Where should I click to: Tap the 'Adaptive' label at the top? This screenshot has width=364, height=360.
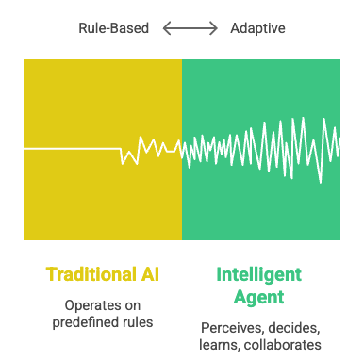(257, 28)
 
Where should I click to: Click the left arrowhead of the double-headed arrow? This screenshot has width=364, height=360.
(166, 29)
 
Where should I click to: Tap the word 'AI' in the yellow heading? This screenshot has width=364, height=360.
(151, 275)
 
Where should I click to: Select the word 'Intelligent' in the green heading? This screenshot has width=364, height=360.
(259, 275)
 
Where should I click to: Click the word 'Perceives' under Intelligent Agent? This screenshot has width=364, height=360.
(232, 327)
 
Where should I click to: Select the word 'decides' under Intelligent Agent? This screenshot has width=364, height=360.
(292, 327)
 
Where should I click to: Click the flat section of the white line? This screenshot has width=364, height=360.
(71, 148)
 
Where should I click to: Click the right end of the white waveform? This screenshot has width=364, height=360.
(339, 146)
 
